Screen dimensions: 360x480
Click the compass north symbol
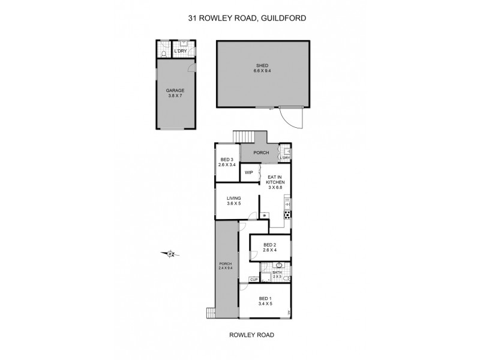170,254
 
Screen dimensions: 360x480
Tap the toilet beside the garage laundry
163,53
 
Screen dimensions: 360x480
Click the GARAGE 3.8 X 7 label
175,93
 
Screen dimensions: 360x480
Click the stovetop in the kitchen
287,215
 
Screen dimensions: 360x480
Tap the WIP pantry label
248,173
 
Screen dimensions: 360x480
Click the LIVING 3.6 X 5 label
233,201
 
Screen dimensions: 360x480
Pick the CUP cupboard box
254,279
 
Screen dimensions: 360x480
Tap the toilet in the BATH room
287,278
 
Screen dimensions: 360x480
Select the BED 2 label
269,247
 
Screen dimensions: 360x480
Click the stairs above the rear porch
244,136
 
